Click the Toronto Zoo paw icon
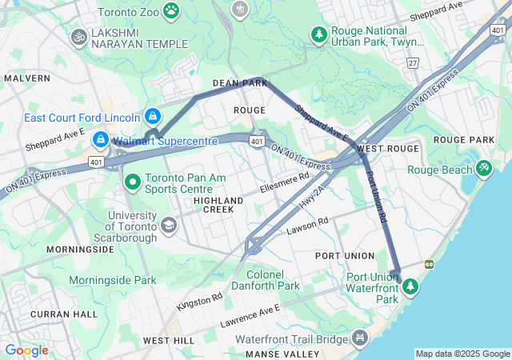pos(171,10)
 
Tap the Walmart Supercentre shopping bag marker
pos(101,139)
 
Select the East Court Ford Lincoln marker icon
pos(152,117)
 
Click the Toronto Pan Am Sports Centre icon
pos(132,183)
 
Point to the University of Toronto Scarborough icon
pos(168,226)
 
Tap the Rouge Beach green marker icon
pos(483,168)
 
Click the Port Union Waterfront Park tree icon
pos(410,286)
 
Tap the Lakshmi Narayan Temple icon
pos(78,36)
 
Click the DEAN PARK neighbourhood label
pos(239,82)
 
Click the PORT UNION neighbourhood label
pos(345,255)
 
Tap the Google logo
pos(26,350)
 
